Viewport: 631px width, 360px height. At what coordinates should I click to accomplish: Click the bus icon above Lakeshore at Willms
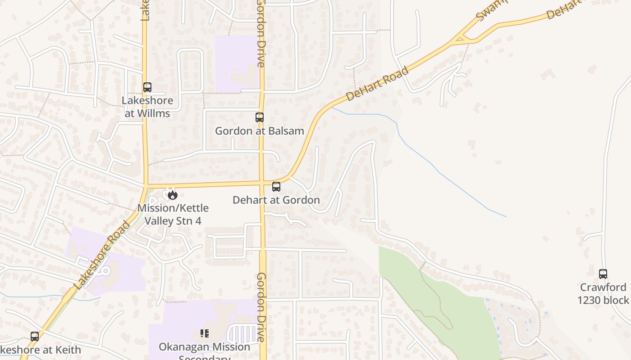point(147,87)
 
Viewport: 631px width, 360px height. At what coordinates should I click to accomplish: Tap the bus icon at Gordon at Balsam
point(260,117)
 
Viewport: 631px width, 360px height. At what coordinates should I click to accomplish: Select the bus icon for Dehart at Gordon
point(276,187)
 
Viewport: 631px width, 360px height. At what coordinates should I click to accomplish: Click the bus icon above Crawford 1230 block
point(603,274)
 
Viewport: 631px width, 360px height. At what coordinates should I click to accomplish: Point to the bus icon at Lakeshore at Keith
point(35,336)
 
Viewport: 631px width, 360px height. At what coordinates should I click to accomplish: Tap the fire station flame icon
point(172,195)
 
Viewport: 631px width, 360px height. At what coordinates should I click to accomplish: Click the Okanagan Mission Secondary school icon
point(205,333)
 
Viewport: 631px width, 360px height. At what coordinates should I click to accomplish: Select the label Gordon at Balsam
point(260,131)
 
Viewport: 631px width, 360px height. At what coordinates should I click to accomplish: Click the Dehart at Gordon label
point(276,200)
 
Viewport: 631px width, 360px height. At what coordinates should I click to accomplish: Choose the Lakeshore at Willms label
point(147,107)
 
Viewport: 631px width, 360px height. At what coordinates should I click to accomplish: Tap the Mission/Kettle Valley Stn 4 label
point(173,214)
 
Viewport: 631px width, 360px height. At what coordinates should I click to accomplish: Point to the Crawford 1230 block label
point(603,293)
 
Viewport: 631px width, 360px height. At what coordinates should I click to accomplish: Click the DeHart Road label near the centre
point(378,84)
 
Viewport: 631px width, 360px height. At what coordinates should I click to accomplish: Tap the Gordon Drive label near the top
point(261,34)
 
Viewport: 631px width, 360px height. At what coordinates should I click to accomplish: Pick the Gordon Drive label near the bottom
point(262,307)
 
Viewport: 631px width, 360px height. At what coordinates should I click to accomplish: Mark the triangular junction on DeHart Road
point(460,40)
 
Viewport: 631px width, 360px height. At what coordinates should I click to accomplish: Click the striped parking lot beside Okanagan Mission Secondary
point(244,334)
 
